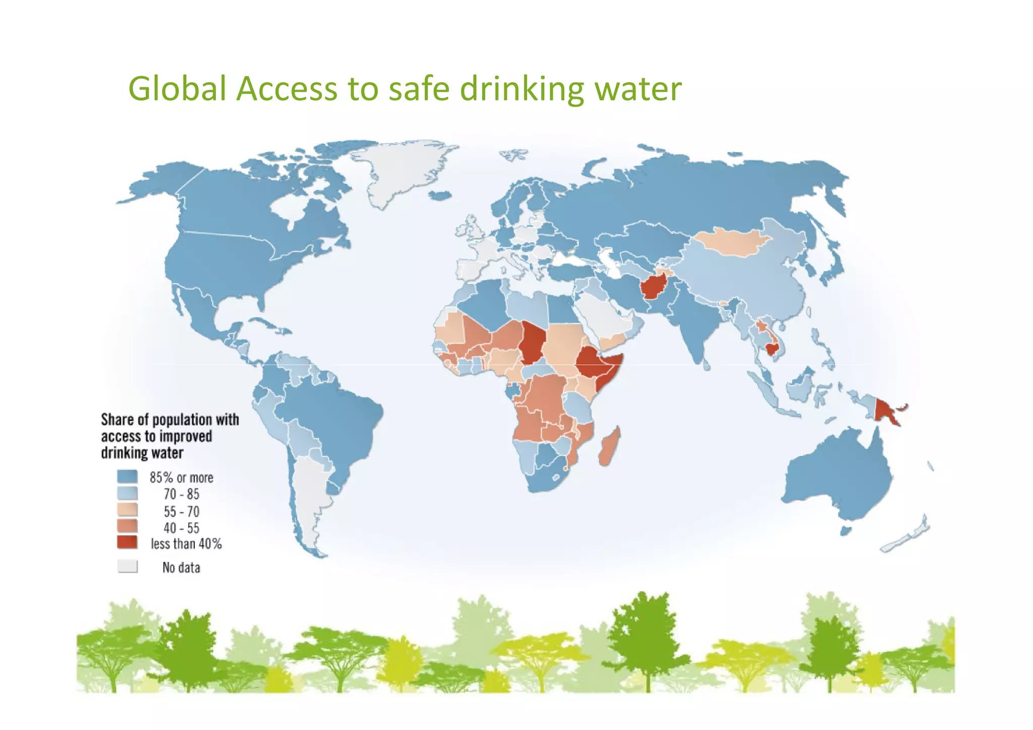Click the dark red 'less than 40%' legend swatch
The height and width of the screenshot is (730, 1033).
127,543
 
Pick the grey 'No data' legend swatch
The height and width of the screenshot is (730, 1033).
127,567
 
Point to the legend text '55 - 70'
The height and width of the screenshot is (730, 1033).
181,512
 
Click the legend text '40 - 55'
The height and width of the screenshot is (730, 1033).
181,528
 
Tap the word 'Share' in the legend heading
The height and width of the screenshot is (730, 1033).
117,420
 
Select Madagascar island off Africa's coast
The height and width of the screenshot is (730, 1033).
609,448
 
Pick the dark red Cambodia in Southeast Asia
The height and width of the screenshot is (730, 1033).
772,349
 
